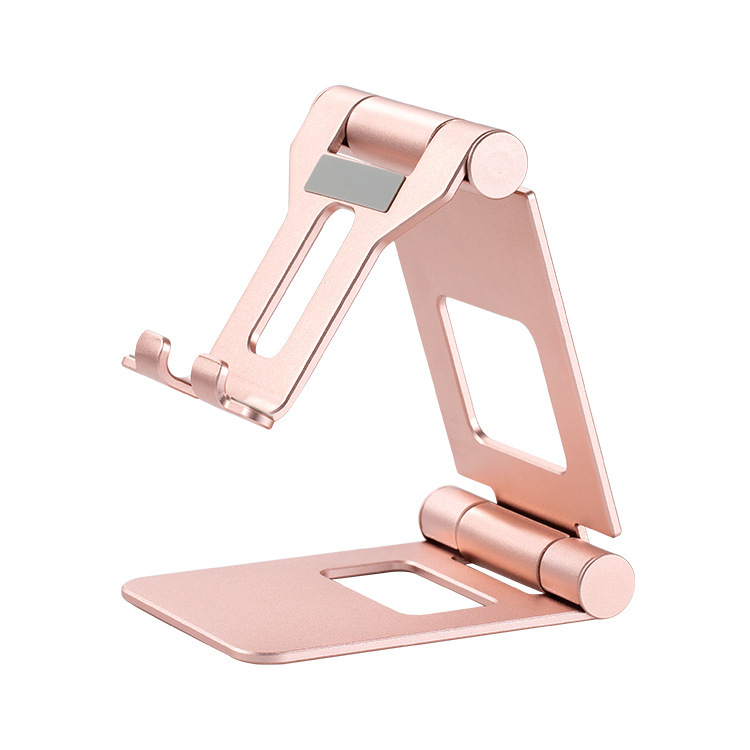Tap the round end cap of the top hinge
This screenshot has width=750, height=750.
coord(498,163)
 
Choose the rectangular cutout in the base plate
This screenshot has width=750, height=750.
coord(410,587)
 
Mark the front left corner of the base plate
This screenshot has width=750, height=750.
coord(128,589)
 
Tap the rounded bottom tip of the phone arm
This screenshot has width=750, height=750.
coord(262,416)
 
